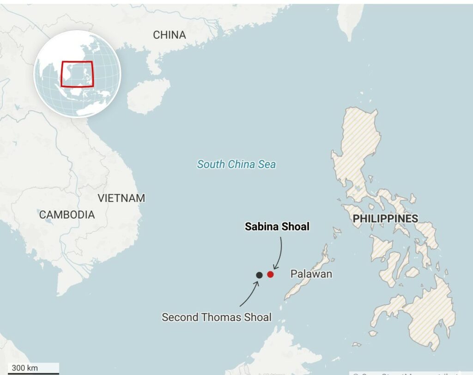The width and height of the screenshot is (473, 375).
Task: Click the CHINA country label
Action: point(169,35)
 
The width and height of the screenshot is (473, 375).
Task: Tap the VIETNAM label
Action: point(121,198)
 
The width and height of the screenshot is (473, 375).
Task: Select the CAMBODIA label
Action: point(67,215)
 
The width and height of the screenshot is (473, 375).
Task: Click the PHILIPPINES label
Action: point(385,219)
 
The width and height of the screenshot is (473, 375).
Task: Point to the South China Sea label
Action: point(236,164)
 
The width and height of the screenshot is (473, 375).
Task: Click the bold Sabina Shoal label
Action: point(277,226)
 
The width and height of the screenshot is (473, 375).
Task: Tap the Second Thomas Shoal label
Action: point(216,317)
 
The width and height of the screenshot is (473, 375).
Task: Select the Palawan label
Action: point(311,274)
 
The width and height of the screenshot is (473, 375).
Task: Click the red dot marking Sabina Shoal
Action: point(270,274)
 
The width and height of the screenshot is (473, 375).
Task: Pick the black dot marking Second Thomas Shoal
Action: point(259,275)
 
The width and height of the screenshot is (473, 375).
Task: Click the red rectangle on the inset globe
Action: point(77,73)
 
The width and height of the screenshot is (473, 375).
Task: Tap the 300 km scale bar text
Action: point(25,368)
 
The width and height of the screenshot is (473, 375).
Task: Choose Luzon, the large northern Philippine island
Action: point(358,148)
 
